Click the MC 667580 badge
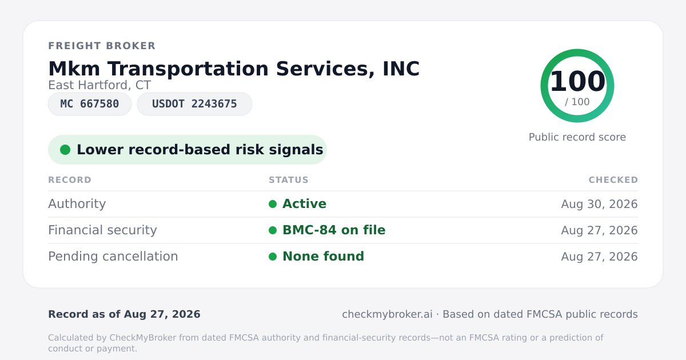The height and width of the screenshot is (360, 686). coord(90,104)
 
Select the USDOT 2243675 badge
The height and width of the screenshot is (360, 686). coord(194,104)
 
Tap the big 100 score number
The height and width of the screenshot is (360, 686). coord(577,81)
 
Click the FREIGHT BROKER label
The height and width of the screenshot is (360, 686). coord(102,46)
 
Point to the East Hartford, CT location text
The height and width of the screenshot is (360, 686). coord(99,85)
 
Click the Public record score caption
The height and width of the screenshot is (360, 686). coord(577,137)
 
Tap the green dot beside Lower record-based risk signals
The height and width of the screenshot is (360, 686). coord(65,150)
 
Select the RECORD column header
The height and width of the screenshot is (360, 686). coord(70,179)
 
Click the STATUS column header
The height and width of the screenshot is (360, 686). coord(289,179)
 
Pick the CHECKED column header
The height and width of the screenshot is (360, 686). coord(613,179)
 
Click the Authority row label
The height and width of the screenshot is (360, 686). coord(77,204)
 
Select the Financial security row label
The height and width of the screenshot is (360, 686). coord(102,230)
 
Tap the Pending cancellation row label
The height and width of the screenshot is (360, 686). coord(113,257)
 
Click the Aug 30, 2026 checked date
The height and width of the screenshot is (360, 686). coord(599,204)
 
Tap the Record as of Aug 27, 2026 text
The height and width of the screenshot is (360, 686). coord(125,314)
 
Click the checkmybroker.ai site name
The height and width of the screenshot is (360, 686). coord(387,314)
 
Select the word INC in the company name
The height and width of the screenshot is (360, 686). coord(401,69)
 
